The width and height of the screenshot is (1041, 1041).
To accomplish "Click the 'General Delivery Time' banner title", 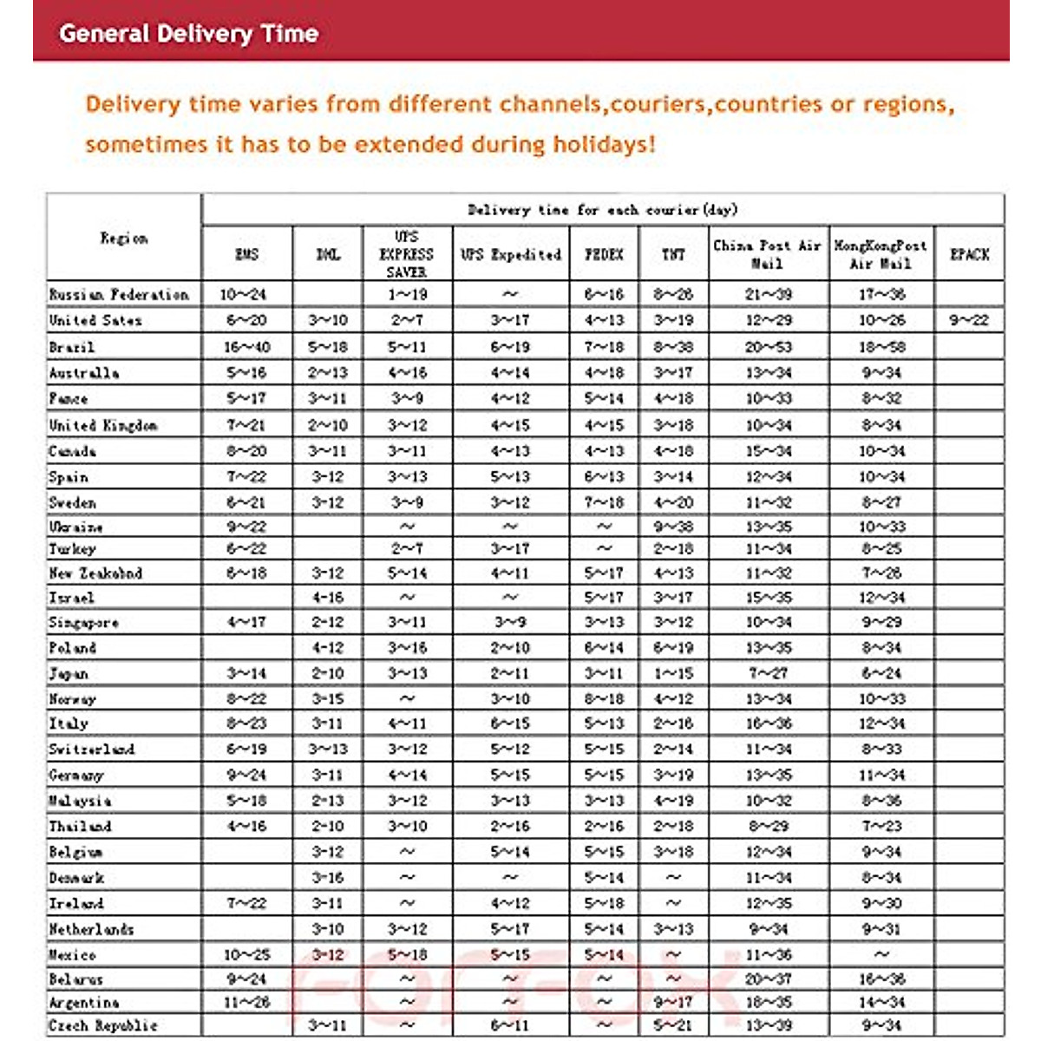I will (188, 34).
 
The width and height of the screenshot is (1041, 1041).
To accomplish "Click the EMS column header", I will (247, 254).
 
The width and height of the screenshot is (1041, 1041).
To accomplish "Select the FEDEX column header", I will (604, 254).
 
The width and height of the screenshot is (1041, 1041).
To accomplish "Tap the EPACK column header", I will (969, 254).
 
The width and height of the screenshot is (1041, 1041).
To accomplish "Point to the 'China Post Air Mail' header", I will (767, 254).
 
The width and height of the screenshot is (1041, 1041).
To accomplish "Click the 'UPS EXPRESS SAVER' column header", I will (406, 254).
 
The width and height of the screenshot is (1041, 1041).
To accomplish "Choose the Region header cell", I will (124, 238).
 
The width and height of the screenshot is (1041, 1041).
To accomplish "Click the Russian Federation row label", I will (119, 294).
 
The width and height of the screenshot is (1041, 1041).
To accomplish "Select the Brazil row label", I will (72, 347).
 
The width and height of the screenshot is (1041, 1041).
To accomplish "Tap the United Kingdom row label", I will (103, 425).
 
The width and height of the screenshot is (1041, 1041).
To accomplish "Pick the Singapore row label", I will (84, 623).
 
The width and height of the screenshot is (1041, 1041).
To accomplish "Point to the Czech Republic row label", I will (103, 1025).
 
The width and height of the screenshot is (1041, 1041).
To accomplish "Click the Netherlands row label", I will (92, 929).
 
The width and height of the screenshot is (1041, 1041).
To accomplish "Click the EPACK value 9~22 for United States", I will (968, 320).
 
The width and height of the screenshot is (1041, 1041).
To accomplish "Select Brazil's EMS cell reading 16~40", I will (246, 347).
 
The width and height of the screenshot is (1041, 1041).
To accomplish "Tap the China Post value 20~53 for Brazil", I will (768, 347).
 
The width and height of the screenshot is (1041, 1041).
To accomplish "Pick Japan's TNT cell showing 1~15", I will (673, 673).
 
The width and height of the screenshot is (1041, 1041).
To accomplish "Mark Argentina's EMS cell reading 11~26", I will (246, 1002).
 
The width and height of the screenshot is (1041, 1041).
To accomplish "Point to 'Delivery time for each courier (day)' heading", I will (602, 210).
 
